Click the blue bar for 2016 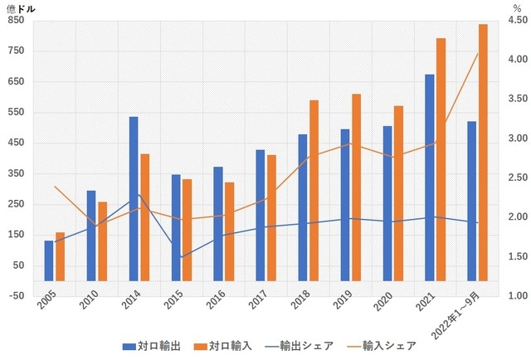(x=218, y=224)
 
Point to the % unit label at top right (x=517, y=7)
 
